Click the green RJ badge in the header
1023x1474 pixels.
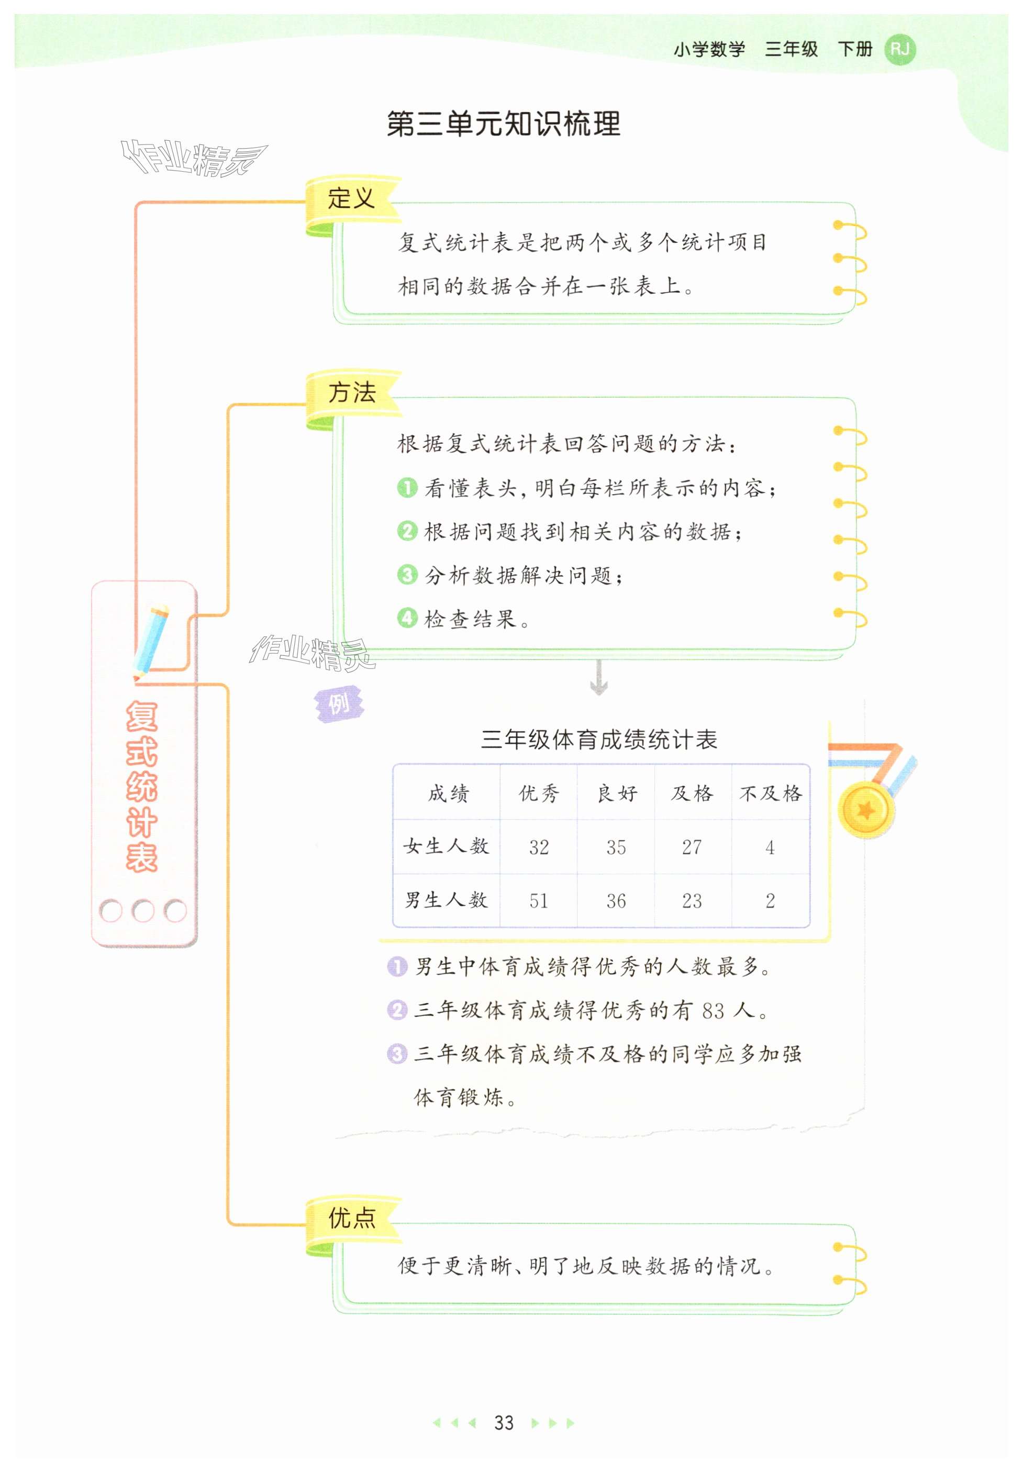point(899,49)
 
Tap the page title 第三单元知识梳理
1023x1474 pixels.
point(503,124)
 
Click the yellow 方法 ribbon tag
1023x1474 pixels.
point(352,393)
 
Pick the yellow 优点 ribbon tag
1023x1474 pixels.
point(352,1218)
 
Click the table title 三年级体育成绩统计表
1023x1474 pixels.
point(599,740)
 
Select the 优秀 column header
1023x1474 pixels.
point(538,794)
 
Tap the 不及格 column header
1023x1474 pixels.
point(771,794)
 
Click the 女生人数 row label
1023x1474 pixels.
point(446,846)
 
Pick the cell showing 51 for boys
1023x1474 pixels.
point(538,900)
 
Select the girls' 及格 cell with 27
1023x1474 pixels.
point(692,846)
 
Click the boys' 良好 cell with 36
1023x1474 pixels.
point(616,900)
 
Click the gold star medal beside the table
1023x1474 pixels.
point(866,811)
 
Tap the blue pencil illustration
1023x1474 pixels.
point(152,641)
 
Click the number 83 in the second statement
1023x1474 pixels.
point(713,1011)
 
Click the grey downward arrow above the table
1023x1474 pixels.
point(599,677)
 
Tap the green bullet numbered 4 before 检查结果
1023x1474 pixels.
point(407,618)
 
